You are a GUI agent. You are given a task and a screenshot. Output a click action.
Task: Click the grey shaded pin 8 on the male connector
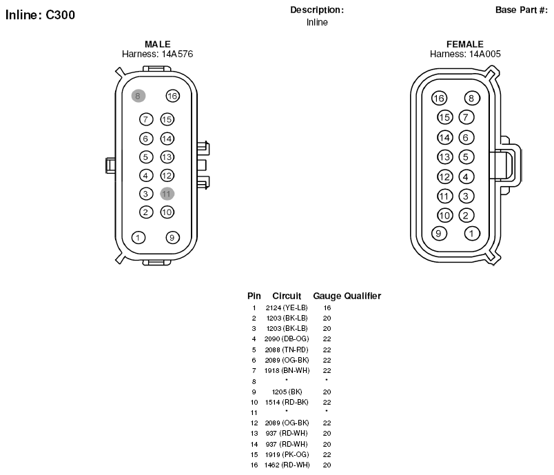[138, 96]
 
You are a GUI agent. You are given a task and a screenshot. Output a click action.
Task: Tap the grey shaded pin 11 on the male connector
[167, 194]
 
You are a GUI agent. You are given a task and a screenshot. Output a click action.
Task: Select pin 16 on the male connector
[172, 96]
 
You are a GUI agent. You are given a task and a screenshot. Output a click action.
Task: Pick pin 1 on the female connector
[472, 233]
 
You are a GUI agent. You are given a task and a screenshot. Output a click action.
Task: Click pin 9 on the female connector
[439, 233]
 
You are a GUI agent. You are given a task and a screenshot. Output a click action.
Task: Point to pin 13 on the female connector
[445, 157]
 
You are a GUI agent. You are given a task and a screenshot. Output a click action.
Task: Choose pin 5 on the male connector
[146, 157]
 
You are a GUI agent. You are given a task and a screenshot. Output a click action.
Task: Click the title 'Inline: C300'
[40, 15]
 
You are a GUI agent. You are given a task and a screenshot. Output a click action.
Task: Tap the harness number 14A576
[177, 54]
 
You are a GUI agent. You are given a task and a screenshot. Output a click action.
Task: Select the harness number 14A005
[485, 54]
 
